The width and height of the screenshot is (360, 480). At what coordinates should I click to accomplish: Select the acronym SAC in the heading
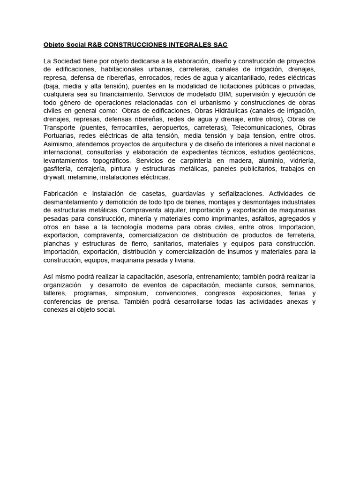coord(219,45)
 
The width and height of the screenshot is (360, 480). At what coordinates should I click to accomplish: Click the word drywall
coord(53,178)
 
